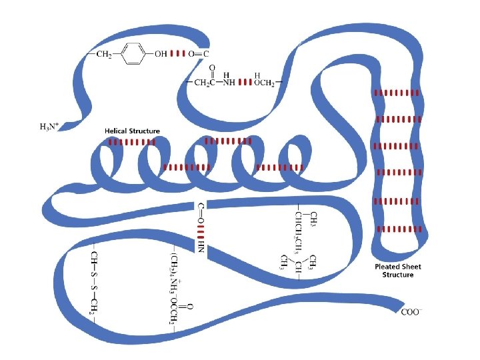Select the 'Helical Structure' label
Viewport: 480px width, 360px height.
click(x=132, y=131)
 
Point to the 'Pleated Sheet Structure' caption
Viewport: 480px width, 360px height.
click(x=397, y=271)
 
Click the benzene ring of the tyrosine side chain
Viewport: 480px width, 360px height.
click(x=133, y=54)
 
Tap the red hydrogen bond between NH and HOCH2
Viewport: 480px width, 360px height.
click(x=244, y=83)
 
